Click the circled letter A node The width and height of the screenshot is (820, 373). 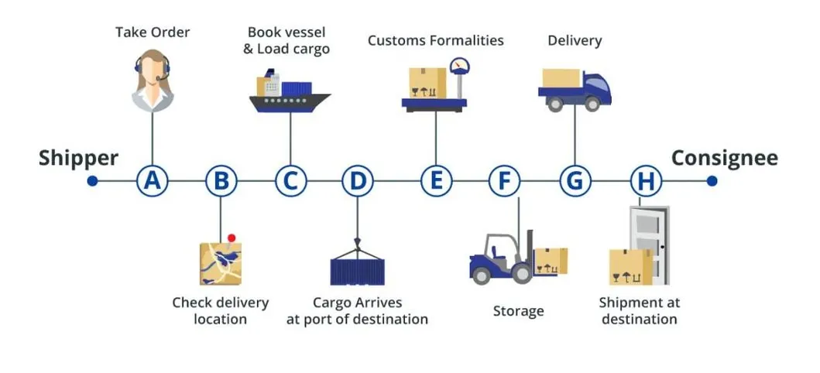click(153, 181)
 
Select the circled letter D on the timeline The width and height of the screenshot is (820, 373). click(358, 181)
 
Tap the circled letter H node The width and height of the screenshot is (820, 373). click(646, 181)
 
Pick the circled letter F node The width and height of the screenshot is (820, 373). click(505, 181)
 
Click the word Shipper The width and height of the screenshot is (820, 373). click(78, 159)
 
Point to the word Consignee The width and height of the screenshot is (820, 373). click(724, 159)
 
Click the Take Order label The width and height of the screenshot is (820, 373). click(153, 33)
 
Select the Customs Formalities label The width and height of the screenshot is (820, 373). click(435, 40)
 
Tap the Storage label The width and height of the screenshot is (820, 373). click(518, 311)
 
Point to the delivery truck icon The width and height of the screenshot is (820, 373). click(575, 88)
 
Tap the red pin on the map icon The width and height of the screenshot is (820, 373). click(231, 238)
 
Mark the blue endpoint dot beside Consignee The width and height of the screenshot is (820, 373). click(712, 181)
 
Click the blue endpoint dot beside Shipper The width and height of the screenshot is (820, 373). click(92, 181)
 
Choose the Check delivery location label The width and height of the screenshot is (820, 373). click(220, 310)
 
